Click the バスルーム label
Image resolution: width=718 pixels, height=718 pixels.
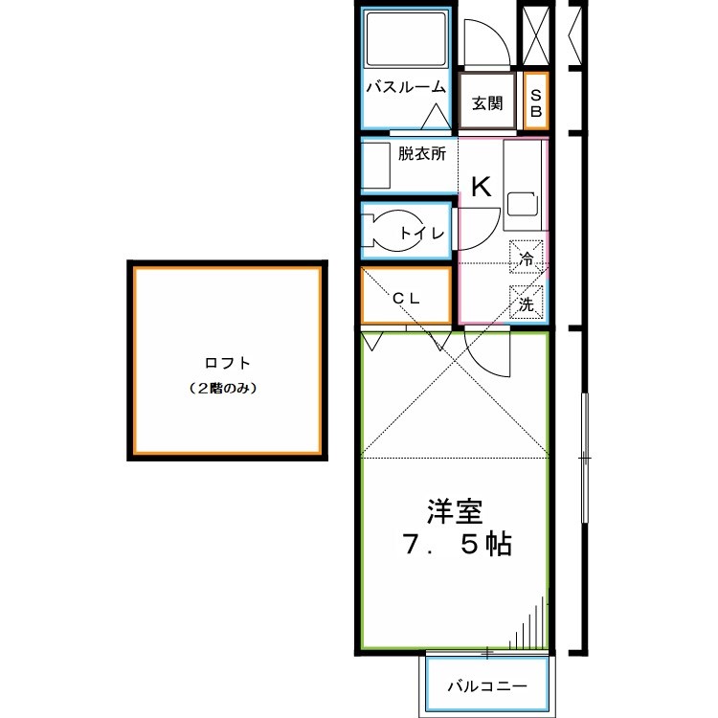click(x=406, y=87)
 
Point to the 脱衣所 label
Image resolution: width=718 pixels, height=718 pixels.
click(x=421, y=153)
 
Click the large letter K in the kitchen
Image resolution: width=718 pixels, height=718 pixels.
click(x=481, y=187)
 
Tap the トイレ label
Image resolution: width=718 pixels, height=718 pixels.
click(x=421, y=233)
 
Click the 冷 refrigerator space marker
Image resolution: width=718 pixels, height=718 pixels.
click(x=526, y=257)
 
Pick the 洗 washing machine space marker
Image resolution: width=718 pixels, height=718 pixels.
click(x=526, y=304)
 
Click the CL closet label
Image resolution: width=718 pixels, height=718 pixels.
click(x=406, y=298)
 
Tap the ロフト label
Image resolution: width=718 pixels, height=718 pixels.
click(x=228, y=363)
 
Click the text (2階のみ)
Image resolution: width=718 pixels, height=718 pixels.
click(x=228, y=389)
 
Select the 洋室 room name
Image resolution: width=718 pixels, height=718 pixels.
click(x=454, y=512)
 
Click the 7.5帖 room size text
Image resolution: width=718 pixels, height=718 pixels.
click(x=454, y=545)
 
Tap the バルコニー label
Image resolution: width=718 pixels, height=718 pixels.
click(x=487, y=687)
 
